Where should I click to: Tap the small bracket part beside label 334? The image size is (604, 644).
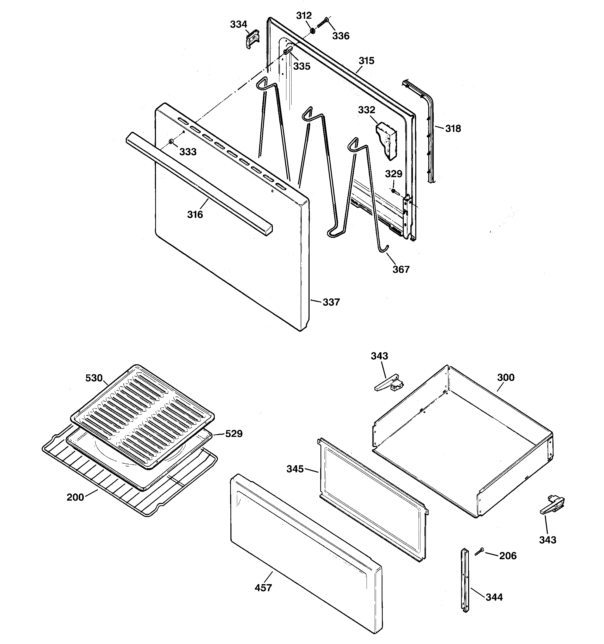[x=252, y=39]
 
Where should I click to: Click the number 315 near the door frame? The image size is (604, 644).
[x=366, y=61]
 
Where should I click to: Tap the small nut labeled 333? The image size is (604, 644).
[x=171, y=141]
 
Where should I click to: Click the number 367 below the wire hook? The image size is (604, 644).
[x=401, y=269]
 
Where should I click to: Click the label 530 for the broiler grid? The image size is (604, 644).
[x=94, y=378]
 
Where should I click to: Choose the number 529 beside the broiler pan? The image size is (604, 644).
[x=234, y=433]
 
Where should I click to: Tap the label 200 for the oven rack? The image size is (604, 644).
[x=75, y=497]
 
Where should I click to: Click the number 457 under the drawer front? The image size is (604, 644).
[x=263, y=587]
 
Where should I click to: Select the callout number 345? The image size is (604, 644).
[x=295, y=469]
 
